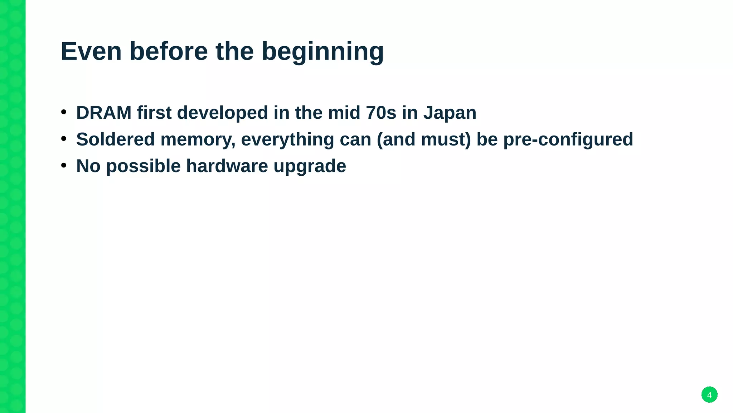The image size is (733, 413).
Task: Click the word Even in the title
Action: pyautogui.click(x=91, y=51)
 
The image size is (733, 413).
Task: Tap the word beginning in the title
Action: pyautogui.click(x=322, y=51)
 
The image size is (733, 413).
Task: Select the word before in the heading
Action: pyautogui.click(x=168, y=51)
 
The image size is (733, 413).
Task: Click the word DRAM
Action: pyautogui.click(x=104, y=113)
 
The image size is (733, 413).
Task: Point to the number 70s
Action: pyautogui.click(x=381, y=113)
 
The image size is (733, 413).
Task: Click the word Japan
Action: pyautogui.click(x=450, y=113)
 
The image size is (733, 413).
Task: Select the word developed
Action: pyautogui.click(x=222, y=113)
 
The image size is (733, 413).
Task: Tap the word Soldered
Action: pyautogui.click(x=115, y=139)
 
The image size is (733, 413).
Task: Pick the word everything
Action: pyautogui.click(x=287, y=139)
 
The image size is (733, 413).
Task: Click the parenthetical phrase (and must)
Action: pyautogui.click(x=424, y=139)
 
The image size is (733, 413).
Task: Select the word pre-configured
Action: pyautogui.click(x=568, y=139)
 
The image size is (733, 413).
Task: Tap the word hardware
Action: pyautogui.click(x=227, y=166)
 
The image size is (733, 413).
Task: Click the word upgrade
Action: pyautogui.click(x=310, y=166)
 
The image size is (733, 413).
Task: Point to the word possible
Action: pyautogui.click(x=143, y=166)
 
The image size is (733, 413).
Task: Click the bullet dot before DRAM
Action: pyautogui.click(x=64, y=112)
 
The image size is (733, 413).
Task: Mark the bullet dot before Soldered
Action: pyautogui.click(x=64, y=139)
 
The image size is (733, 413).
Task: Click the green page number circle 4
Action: pyautogui.click(x=709, y=395)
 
